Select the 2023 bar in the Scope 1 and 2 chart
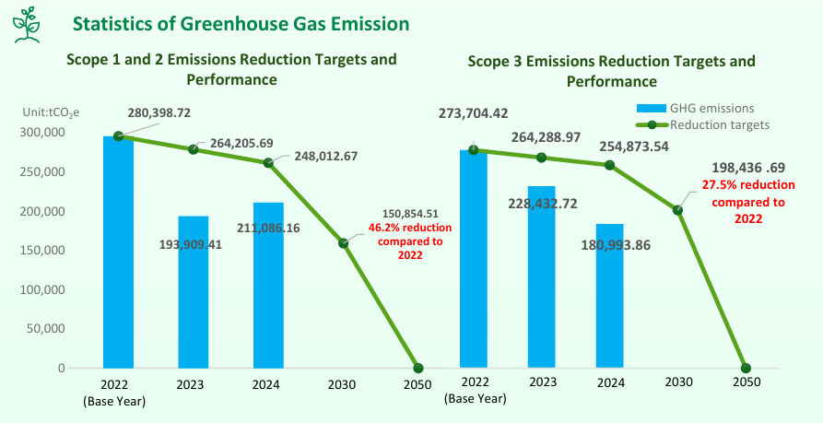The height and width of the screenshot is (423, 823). click(194, 291)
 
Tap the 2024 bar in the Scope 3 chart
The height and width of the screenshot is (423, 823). click(610, 295)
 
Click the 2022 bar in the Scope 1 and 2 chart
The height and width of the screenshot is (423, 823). click(118, 251)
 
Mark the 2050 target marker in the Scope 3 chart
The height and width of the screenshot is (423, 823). click(746, 369)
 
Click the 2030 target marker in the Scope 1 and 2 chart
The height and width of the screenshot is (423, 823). click(343, 243)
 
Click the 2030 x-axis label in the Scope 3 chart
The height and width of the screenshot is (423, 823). click(678, 382)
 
